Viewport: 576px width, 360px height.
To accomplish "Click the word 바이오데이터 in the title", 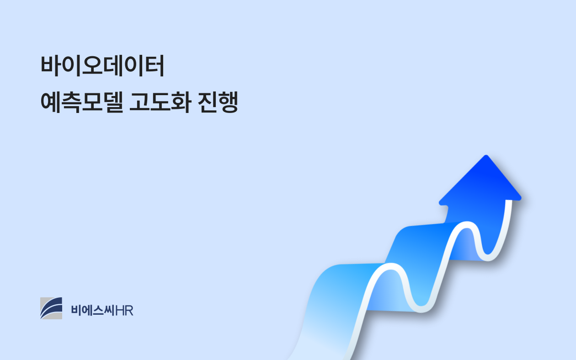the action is pyautogui.click(x=102, y=65).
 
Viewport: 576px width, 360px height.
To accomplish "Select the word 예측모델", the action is pyautogui.click(x=82, y=102).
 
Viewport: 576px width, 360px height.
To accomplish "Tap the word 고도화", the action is pyautogui.click(x=160, y=102).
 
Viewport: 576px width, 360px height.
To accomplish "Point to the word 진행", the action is pyautogui.click(x=218, y=102).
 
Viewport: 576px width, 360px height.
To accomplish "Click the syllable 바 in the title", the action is pyautogui.click(x=51, y=65).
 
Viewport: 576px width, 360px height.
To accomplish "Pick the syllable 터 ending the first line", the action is pyautogui.click(x=155, y=65).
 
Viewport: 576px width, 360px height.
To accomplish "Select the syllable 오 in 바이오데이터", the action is pyautogui.click(x=92, y=65).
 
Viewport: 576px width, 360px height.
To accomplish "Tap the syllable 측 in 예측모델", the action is pyautogui.click(x=71, y=102).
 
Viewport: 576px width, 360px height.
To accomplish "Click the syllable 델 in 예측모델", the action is pyautogui.click(x=113, y=102).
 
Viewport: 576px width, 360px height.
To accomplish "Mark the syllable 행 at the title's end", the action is pyautogui.click(x=228, y=102).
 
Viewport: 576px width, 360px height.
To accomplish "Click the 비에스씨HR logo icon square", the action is pyautogui.click(x=51, y=308).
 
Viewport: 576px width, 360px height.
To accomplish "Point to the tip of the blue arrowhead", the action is pyautogui.click(x=486, y=156).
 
